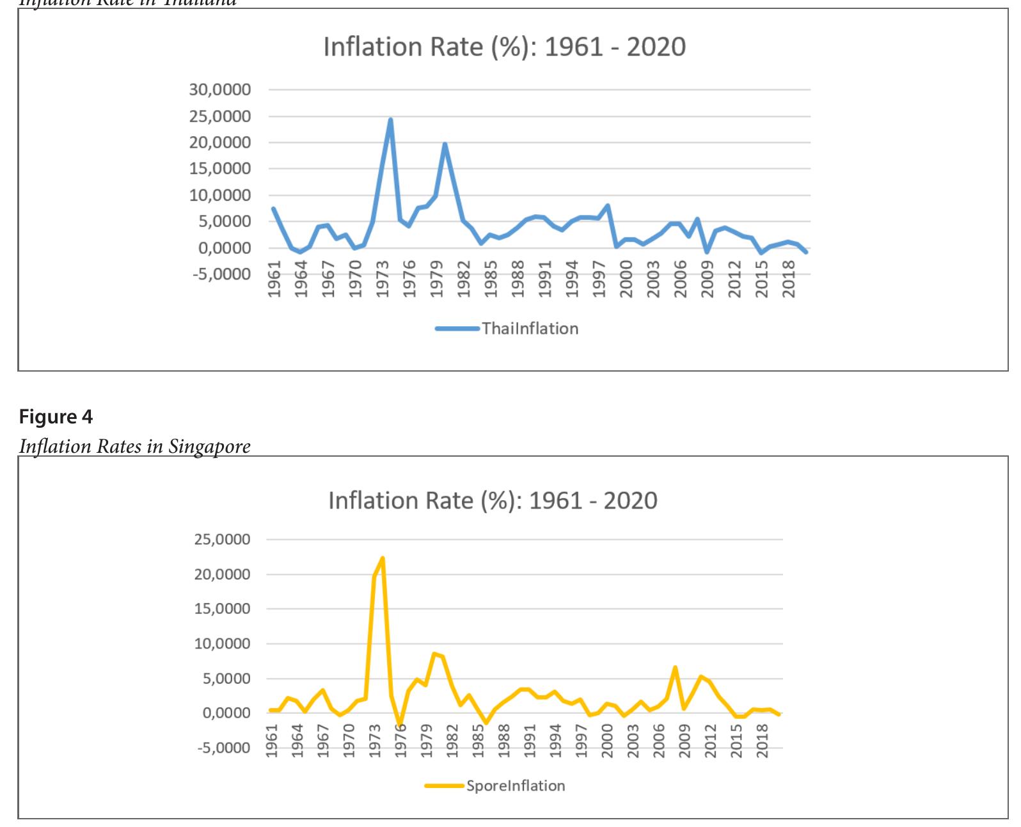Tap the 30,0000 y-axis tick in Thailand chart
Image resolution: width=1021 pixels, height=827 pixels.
[219, 90]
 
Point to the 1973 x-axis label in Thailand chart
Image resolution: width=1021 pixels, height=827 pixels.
[383, 279]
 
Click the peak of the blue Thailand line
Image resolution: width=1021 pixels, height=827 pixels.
[390, 120]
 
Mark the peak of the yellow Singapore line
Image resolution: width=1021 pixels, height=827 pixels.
[383, 558]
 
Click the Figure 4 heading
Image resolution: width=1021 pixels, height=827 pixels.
[56, 417]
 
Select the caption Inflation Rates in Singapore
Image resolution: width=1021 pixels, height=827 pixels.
[134, 446]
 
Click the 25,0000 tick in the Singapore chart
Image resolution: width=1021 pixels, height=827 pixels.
[222, 540]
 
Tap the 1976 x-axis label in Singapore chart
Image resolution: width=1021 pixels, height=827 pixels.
[401, 740]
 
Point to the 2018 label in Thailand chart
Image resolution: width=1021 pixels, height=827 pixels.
[789, 279]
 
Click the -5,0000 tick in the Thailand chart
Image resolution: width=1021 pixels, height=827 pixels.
[219, 274]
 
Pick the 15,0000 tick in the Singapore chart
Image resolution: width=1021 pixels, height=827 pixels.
[222, 609]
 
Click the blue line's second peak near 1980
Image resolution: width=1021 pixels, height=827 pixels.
[445, 145]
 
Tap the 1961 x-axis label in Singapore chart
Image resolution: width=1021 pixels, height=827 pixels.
[272, 740]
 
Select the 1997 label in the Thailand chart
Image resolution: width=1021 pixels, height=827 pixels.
[599, 279]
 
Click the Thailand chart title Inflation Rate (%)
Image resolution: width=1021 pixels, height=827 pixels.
[504, 47]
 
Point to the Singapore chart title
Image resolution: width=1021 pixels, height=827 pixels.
[493, 500]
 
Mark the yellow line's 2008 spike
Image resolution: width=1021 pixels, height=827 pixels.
[675, 668]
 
